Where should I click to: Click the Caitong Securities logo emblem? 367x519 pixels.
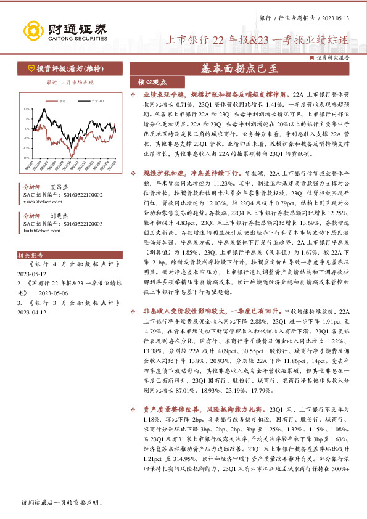[x=33, y=30]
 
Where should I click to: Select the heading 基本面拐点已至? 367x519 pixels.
[x=238, y=69]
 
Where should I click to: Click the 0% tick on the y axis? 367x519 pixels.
[x=28, y=128]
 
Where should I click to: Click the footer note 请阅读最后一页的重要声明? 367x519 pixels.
[x=60, y=503]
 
